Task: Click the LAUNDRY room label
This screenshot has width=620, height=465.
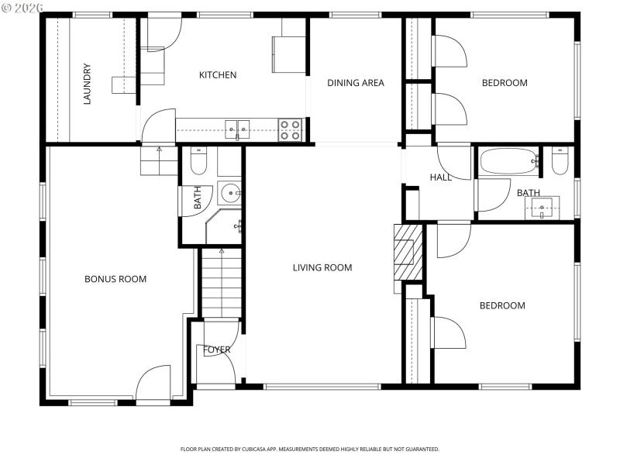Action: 87,84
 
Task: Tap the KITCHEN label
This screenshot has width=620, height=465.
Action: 218,75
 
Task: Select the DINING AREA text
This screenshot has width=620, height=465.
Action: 355,83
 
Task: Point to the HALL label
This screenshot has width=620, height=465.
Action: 440,177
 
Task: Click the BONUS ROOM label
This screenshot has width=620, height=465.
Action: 115,279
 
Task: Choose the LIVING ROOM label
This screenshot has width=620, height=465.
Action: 322,267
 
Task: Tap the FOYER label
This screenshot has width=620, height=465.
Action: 217,350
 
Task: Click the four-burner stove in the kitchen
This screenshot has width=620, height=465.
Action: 290,129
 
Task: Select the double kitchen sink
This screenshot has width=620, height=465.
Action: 237,129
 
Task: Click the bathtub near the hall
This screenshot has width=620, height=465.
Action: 508,162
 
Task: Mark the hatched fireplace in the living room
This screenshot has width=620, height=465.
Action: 408,252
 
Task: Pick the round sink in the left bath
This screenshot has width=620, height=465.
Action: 229,192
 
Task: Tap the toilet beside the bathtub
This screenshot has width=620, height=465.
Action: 560,160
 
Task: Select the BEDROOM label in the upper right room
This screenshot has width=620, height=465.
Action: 505,83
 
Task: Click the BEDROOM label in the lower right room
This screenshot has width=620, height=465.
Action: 501,305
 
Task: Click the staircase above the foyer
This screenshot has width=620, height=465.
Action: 221,283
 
